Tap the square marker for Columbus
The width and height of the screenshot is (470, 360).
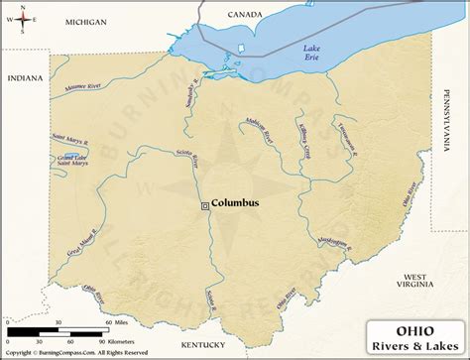205,205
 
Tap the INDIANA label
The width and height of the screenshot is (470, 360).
26,77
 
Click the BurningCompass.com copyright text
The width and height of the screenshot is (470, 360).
74,353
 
